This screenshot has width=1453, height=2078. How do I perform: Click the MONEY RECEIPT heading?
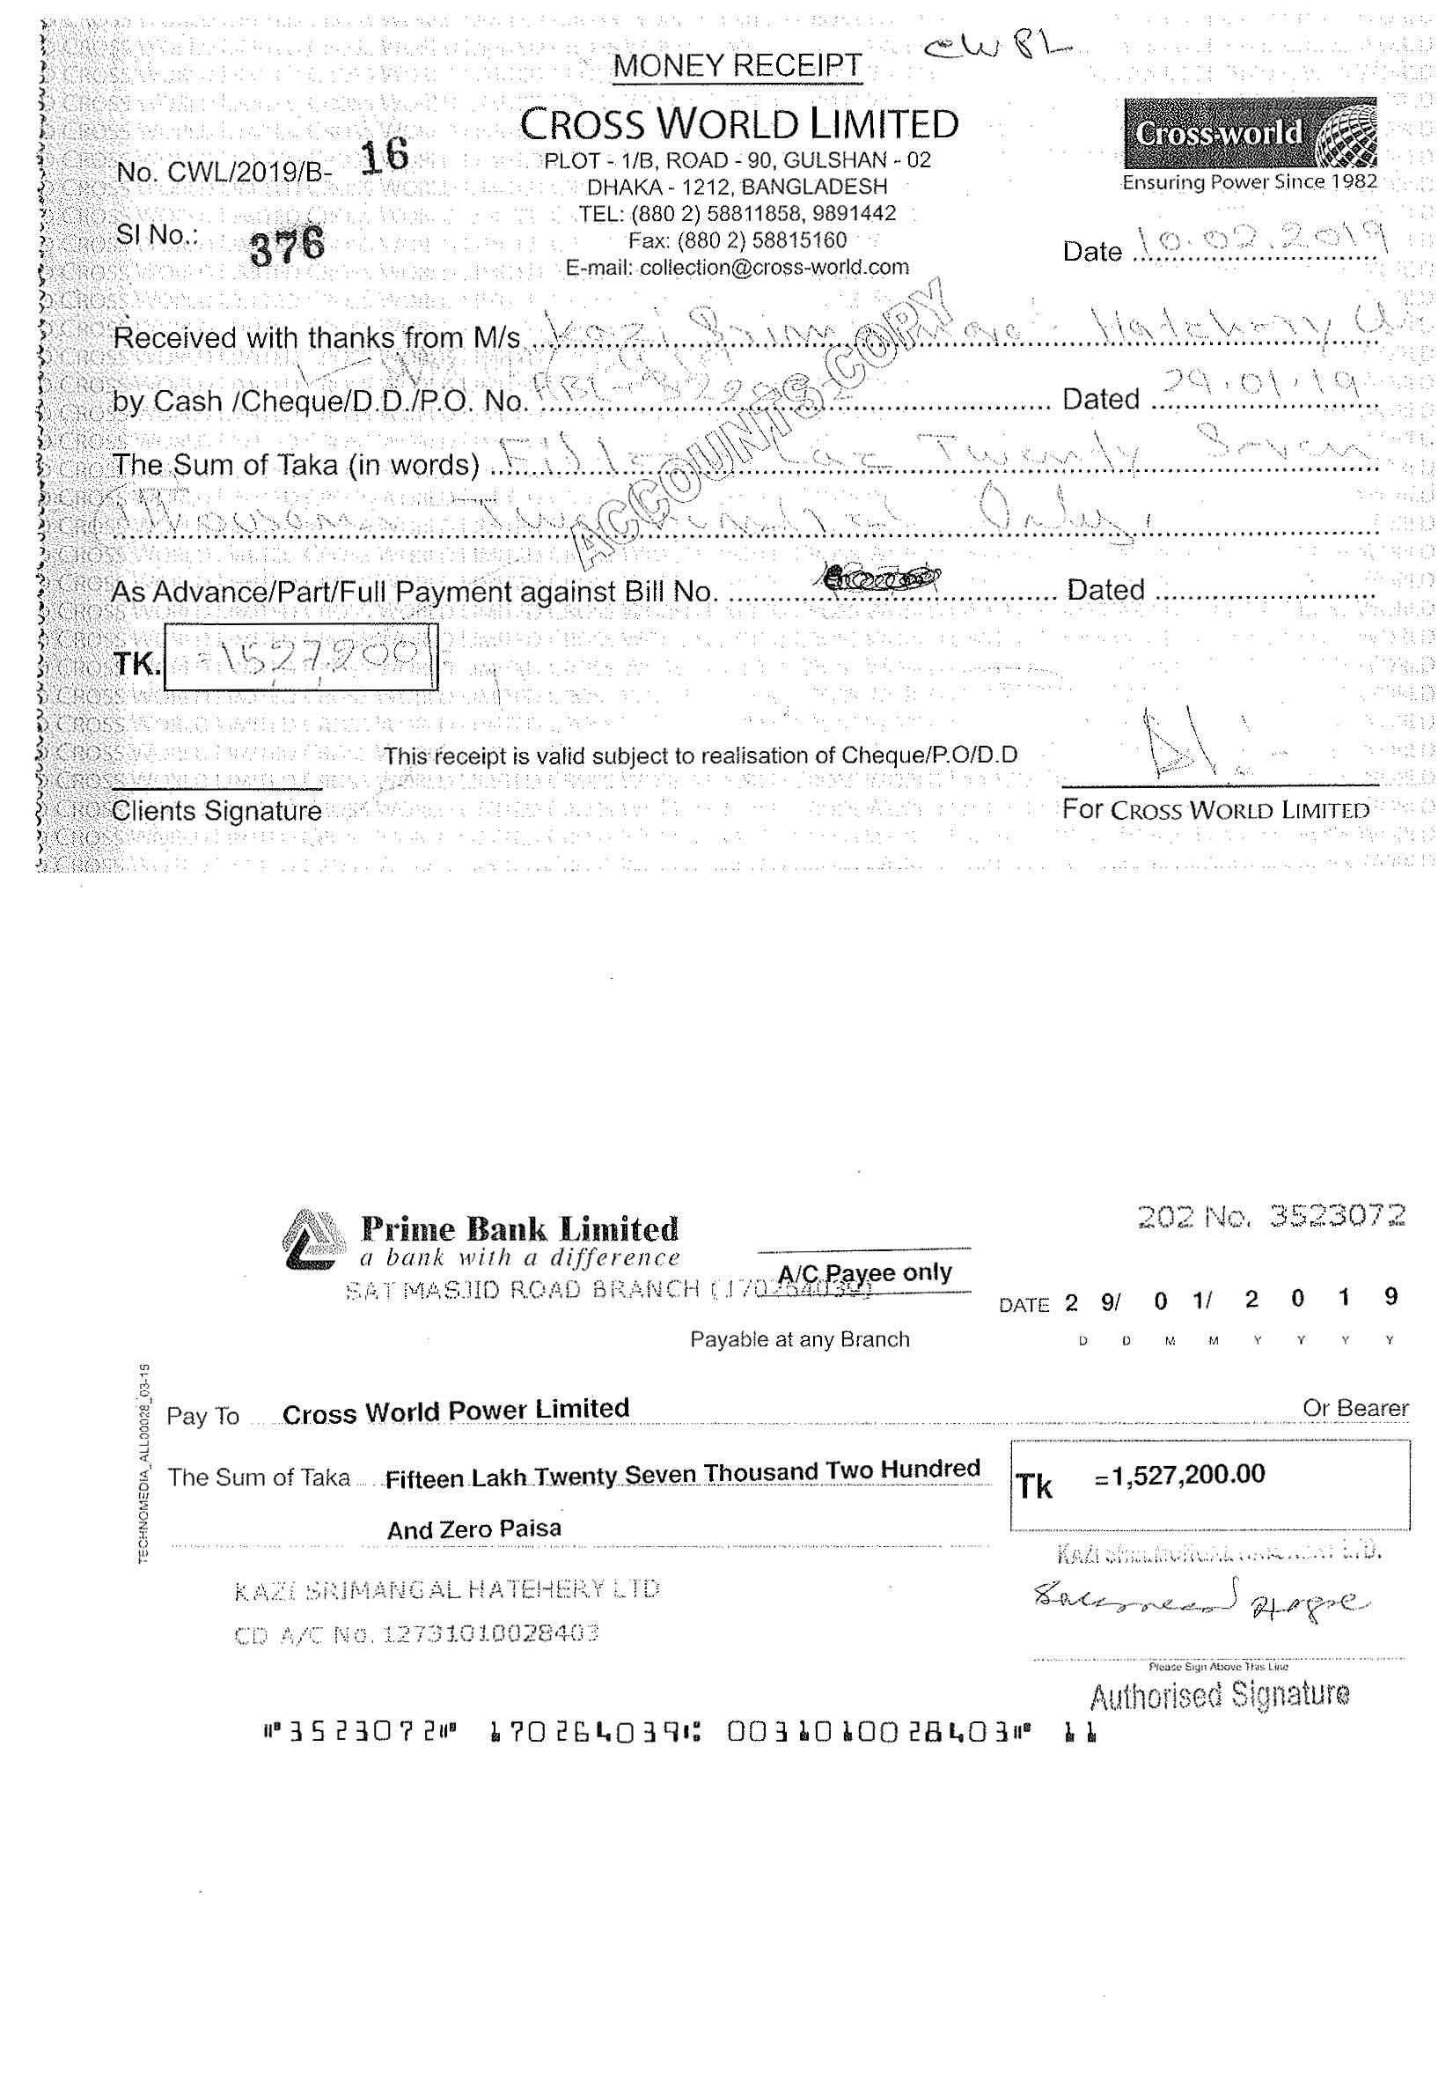click(x=738, y=65)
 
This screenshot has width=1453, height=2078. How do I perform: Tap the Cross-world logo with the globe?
click(x=1250, y=134)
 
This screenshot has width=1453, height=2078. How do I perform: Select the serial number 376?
click(x=287, y=246)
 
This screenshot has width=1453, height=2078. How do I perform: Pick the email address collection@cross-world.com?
click(x=737, y=268)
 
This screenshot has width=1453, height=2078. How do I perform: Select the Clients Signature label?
click(x=216, y=811)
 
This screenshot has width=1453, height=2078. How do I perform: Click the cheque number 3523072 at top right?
click(x=1271, y=1215)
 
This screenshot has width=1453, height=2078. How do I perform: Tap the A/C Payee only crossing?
click(x=864, y=1272)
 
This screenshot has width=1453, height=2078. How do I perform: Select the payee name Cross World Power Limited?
click(x=455, y=1411)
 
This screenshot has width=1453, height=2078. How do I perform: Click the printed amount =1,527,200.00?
click(x=1179, y=1474)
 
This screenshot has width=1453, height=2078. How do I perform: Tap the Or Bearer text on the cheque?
click(x=1354, y=1408)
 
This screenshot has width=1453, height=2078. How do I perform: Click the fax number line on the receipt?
click(x=738, y=240)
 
